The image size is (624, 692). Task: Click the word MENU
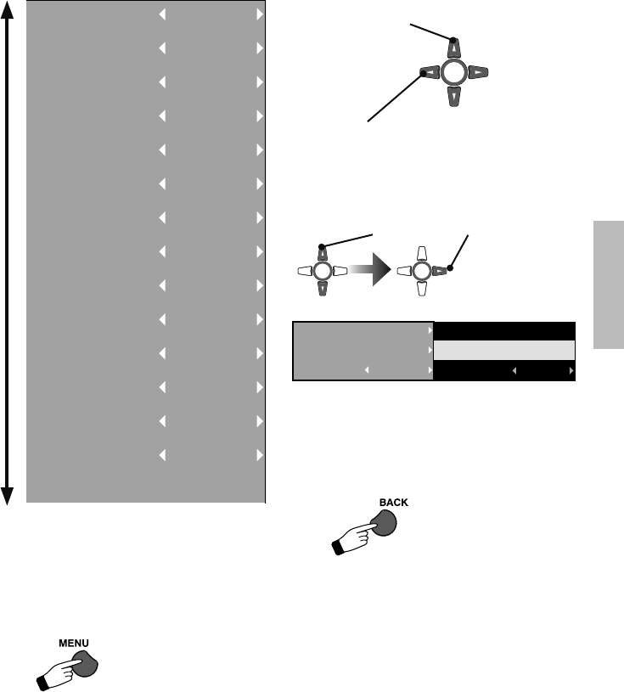point(74,644)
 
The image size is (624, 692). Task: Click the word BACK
point(393,502)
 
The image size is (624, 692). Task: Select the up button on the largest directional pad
point(454,48)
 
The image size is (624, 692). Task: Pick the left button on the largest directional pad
point(429,73)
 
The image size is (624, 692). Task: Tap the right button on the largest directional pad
point(480,74)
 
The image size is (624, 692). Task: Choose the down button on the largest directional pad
point(454,98)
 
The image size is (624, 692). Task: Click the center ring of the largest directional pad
point(454,73)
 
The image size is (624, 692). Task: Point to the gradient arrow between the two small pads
point(370,272)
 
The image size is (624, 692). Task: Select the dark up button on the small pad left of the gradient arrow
point(323,252)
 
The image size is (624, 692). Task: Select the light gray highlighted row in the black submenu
point(504,351)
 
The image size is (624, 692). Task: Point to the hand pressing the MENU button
point(59,672)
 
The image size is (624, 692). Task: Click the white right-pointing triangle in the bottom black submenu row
point(571,371)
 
